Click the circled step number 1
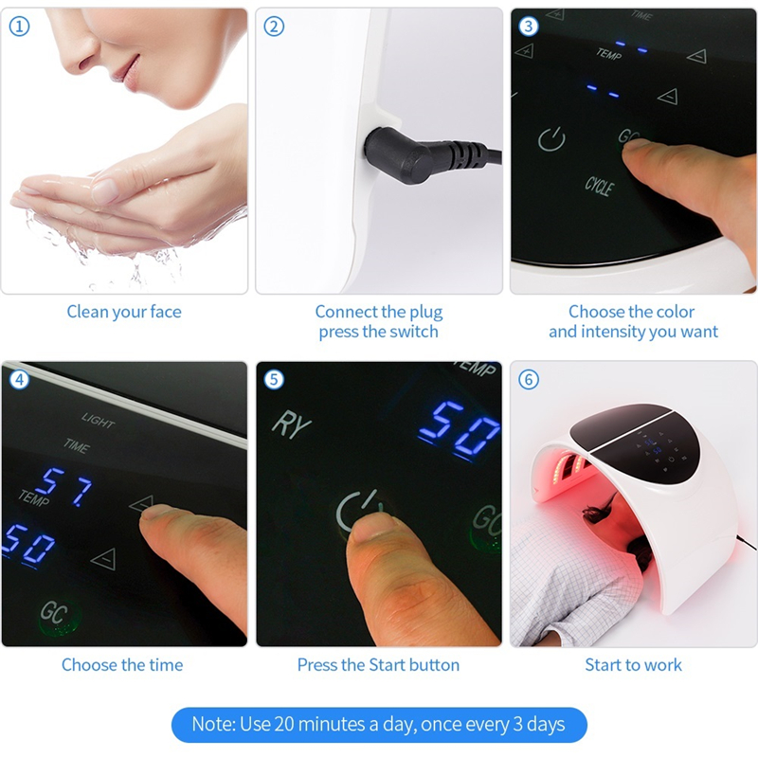[x=19, y=27]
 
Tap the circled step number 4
[x=19, y=379]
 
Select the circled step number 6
[x=529, y=379]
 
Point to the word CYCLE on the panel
[x=599, y=185]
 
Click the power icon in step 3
[x=551, y=140]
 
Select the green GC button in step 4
[x=53, y=614]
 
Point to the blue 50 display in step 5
[x=460, y=429]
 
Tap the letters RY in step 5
[x=291, y=424]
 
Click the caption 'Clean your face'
[x=124, y=312]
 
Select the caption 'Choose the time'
[x=122, y=665]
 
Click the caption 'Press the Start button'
[x=378, y=665]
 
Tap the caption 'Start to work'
[x=633, y=665]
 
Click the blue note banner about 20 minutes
[x=378, y=725]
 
